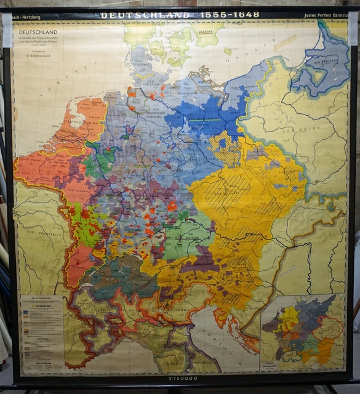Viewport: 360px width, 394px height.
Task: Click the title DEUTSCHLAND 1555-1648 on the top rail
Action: coord(180,15)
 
